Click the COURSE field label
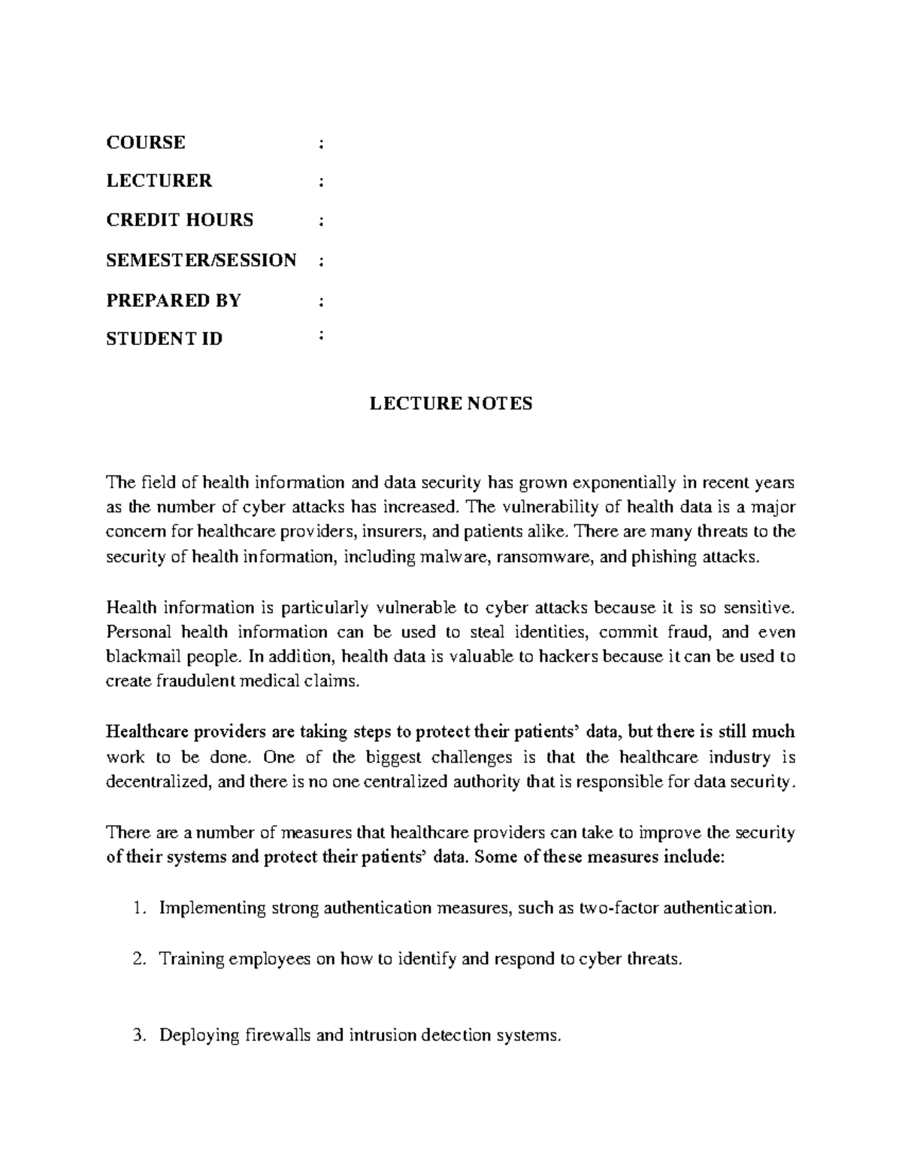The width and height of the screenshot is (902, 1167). (146, 143)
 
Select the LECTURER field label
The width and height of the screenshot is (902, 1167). (159, 181)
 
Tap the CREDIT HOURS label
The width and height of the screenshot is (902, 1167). (180, 220)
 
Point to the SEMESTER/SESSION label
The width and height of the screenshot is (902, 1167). (201, 260)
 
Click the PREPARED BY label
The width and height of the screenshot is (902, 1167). (174, 301)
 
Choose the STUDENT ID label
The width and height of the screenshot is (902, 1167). (165, 339)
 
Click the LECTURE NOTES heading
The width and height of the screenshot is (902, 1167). (450, 404)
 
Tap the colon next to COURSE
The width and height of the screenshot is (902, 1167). (321, 143)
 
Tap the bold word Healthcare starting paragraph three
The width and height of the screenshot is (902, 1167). (150, 732)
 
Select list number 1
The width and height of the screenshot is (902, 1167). (137, 909)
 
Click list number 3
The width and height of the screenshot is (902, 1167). (137, 1035)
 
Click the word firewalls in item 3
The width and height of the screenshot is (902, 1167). (277, 1035)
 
